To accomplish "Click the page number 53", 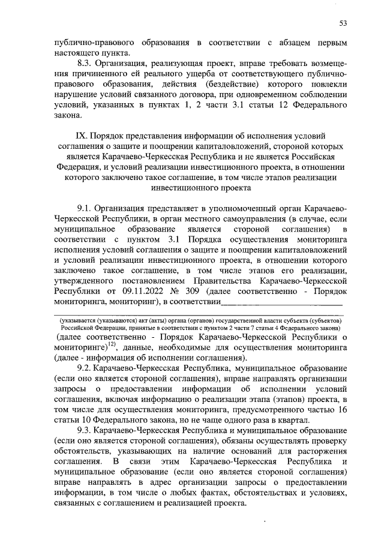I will (x=343, y=23).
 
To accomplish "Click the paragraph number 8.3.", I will (x=86, y=62).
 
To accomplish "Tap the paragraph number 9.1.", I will (x=86, y=207).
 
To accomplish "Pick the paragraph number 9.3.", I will (x=86, y=430).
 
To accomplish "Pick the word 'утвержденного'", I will (x=83, y=280).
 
